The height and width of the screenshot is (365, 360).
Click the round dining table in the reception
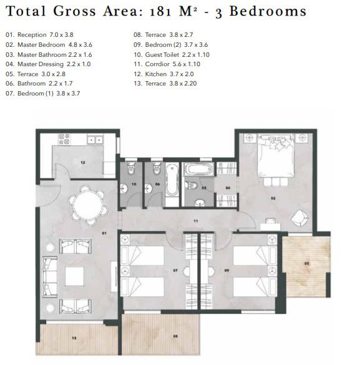(88, 205)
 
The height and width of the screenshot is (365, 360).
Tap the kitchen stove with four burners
(64, 139)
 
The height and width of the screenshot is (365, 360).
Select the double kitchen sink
(95, 139)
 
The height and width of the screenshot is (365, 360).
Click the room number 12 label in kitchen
(82, 162)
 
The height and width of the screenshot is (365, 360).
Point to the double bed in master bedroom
(275, 157)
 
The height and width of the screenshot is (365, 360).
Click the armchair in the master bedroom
(299, 218)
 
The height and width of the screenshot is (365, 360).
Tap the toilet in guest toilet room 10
(131, 168)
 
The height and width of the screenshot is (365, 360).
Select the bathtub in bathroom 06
(172, 180)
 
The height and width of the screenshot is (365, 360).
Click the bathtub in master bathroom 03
(198, 168)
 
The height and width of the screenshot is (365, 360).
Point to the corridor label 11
(196, 221)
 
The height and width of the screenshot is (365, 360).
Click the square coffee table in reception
(74, 276)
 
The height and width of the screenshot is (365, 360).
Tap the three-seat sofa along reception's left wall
(50, 276)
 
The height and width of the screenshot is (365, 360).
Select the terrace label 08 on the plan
(175, 336)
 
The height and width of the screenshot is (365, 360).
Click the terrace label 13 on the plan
(74, 338)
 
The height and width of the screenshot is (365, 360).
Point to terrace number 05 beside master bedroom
(306, 263)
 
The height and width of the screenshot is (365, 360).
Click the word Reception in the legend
(32, 35)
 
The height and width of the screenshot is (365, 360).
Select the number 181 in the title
(160, 12)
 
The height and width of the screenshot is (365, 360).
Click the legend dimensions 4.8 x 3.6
(80, 45)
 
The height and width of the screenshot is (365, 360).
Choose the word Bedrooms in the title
(268, 11)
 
